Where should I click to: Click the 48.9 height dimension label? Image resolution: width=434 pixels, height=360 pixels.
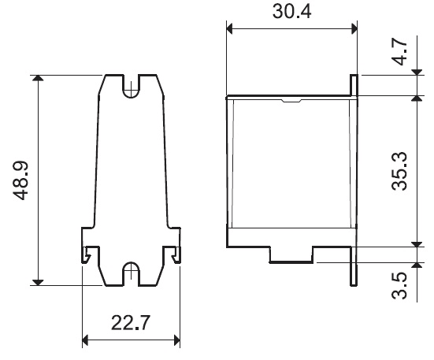pos(20,180)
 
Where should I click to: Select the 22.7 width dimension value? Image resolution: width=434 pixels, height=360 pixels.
pos(131,323)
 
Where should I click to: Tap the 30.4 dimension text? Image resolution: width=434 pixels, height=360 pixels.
pos(291,11)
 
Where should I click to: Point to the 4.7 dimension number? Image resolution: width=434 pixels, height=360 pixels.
pos(399,52)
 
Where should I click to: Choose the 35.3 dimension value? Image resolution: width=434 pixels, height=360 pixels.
pos(399,171)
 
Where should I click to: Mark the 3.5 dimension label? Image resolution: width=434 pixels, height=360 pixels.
pos(399,286)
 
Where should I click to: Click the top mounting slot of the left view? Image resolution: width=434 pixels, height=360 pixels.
pos(131,87)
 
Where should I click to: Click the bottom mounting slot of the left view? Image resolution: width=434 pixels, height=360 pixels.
pos(131,273)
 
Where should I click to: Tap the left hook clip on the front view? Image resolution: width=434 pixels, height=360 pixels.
pos(86,254)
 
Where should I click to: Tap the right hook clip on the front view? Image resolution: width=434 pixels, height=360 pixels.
pos(176,254)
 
